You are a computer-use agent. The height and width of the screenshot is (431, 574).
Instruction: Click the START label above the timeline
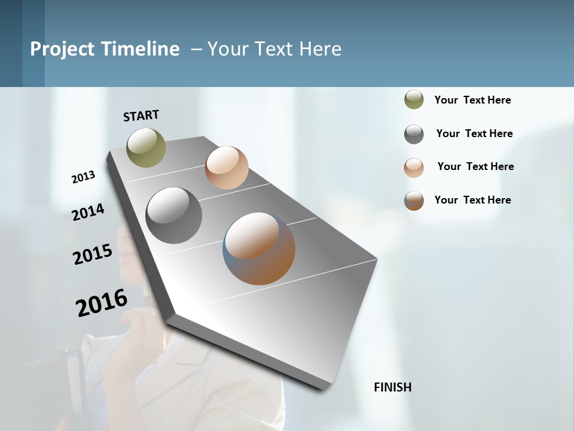coord(141,116)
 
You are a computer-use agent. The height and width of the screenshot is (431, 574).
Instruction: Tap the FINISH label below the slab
coord(392,387)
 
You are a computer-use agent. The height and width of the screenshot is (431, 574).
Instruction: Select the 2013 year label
coord(83,177)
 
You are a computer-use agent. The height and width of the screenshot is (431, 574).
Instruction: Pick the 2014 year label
coord(88,213)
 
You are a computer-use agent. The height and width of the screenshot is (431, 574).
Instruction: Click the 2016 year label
coord(102,303)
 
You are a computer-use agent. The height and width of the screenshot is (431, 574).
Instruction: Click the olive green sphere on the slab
coord(146,147)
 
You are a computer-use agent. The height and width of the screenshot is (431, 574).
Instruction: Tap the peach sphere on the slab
coord(227,168)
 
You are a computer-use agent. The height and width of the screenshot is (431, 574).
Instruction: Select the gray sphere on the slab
coord(174,215)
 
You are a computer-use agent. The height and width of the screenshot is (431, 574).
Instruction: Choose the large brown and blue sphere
coord(259,248)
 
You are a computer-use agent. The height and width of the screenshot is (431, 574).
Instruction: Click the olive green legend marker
coord(414,99)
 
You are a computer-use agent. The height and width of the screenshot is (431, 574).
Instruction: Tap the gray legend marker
coord(414,134)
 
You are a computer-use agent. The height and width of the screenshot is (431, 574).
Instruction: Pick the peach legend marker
coord(414,168)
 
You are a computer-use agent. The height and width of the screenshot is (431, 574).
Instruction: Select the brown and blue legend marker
coord(414,201)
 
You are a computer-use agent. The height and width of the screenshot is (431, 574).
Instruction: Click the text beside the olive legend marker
coord(472,100)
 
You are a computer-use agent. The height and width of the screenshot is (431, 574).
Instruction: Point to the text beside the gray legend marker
coord(474,133)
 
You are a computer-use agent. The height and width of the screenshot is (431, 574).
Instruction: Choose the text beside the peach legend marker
coord(475,166)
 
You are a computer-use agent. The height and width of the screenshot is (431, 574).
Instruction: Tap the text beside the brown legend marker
coord(472,200)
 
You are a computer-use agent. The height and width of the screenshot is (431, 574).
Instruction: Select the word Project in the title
coord(62,49)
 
